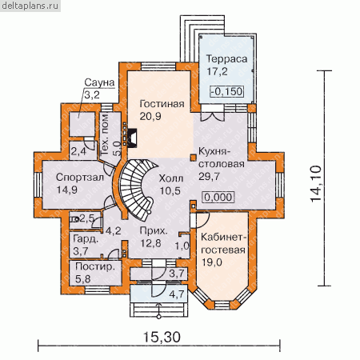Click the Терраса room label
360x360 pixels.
[227, 59]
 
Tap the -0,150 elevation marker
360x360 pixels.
[227, 91]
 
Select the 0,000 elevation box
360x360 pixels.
[218, 198]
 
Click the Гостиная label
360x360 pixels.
[162, 104]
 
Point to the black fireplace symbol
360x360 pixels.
[132, 138]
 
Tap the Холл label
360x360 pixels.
[171, 178]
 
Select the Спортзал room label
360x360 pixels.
[80, 178]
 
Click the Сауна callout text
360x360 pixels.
[99, 82]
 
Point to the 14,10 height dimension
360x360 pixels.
[317, 184]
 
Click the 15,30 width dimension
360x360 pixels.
[162, 337]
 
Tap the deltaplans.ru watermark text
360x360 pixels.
[30, 6]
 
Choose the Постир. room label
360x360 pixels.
[95, 267]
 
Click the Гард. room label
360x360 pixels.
[86, 239]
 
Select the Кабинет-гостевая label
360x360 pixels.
[223, 243]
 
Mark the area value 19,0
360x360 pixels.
[212, 262]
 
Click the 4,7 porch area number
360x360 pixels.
[177, 294]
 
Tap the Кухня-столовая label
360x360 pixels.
[222, 158]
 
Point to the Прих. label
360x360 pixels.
[154, 231]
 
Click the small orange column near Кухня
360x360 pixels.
[192, 158]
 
